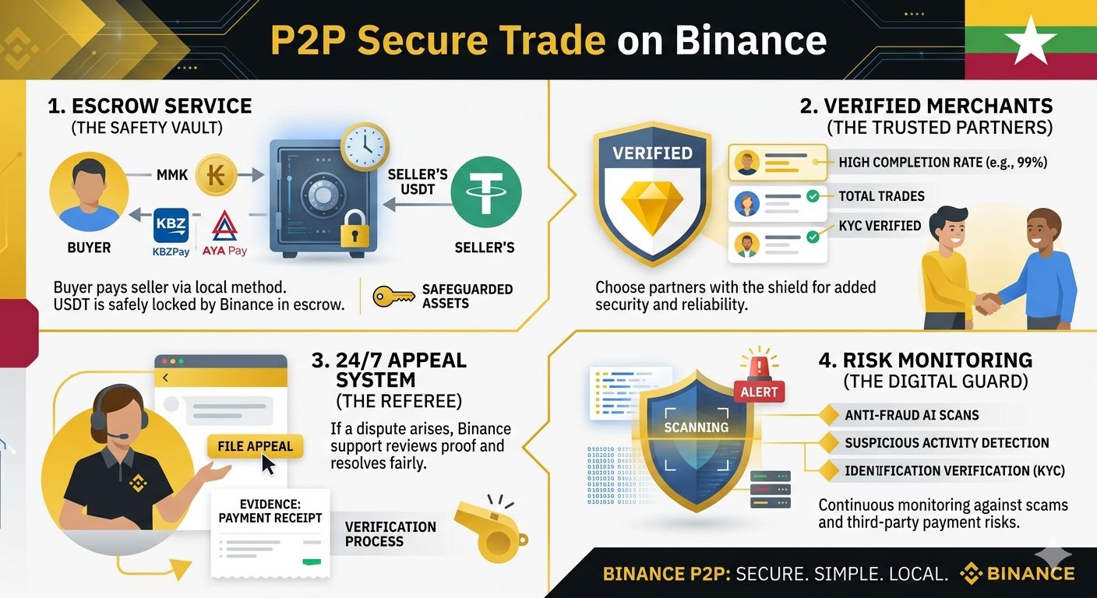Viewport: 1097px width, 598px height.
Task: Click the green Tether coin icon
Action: [x=485, y=191]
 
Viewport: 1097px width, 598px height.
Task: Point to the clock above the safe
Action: [x=365, y=146]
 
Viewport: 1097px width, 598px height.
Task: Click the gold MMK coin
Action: [x=217, y=175]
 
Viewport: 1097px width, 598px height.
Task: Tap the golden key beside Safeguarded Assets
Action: [x=393, y=297]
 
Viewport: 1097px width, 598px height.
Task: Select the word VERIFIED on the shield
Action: [x=652, y=153]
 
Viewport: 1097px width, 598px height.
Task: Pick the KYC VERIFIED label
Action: [x=880, y=226]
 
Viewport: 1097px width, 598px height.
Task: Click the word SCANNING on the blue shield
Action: [x=697, y=427]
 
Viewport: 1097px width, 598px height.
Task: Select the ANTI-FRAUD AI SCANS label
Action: [x=912, y=415]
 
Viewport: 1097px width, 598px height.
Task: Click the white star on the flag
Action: [x=1030, y=39]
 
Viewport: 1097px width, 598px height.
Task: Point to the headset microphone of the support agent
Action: [x=117, y=435]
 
